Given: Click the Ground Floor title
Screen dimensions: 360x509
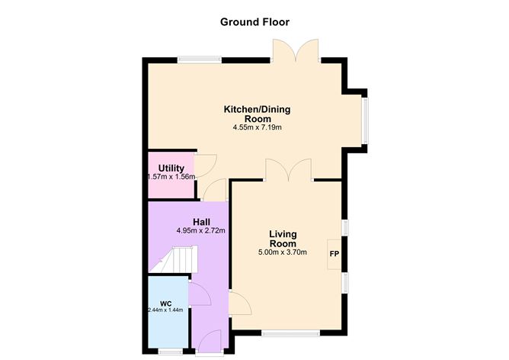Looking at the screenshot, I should pos(254,21).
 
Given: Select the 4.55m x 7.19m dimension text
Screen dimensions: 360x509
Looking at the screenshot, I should pos(258,128).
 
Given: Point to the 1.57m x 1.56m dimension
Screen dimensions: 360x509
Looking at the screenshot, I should pos(171,177).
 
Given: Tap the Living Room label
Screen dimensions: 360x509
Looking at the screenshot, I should pos(283,238).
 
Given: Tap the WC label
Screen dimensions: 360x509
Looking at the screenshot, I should pos(165,303).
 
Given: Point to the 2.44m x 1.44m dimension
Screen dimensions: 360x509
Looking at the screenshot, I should pos(166,311).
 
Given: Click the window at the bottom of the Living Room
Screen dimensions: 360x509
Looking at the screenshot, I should pos(290,333).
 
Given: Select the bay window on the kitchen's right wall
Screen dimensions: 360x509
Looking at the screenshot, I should pos(366,120).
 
